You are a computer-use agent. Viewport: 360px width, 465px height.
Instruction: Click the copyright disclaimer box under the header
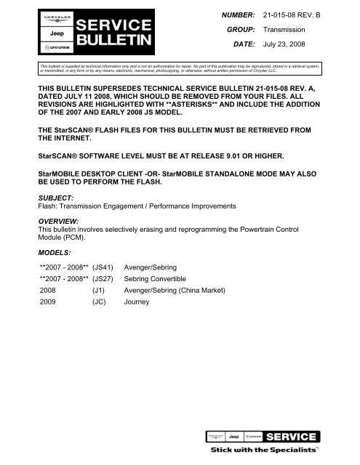[180, 68]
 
